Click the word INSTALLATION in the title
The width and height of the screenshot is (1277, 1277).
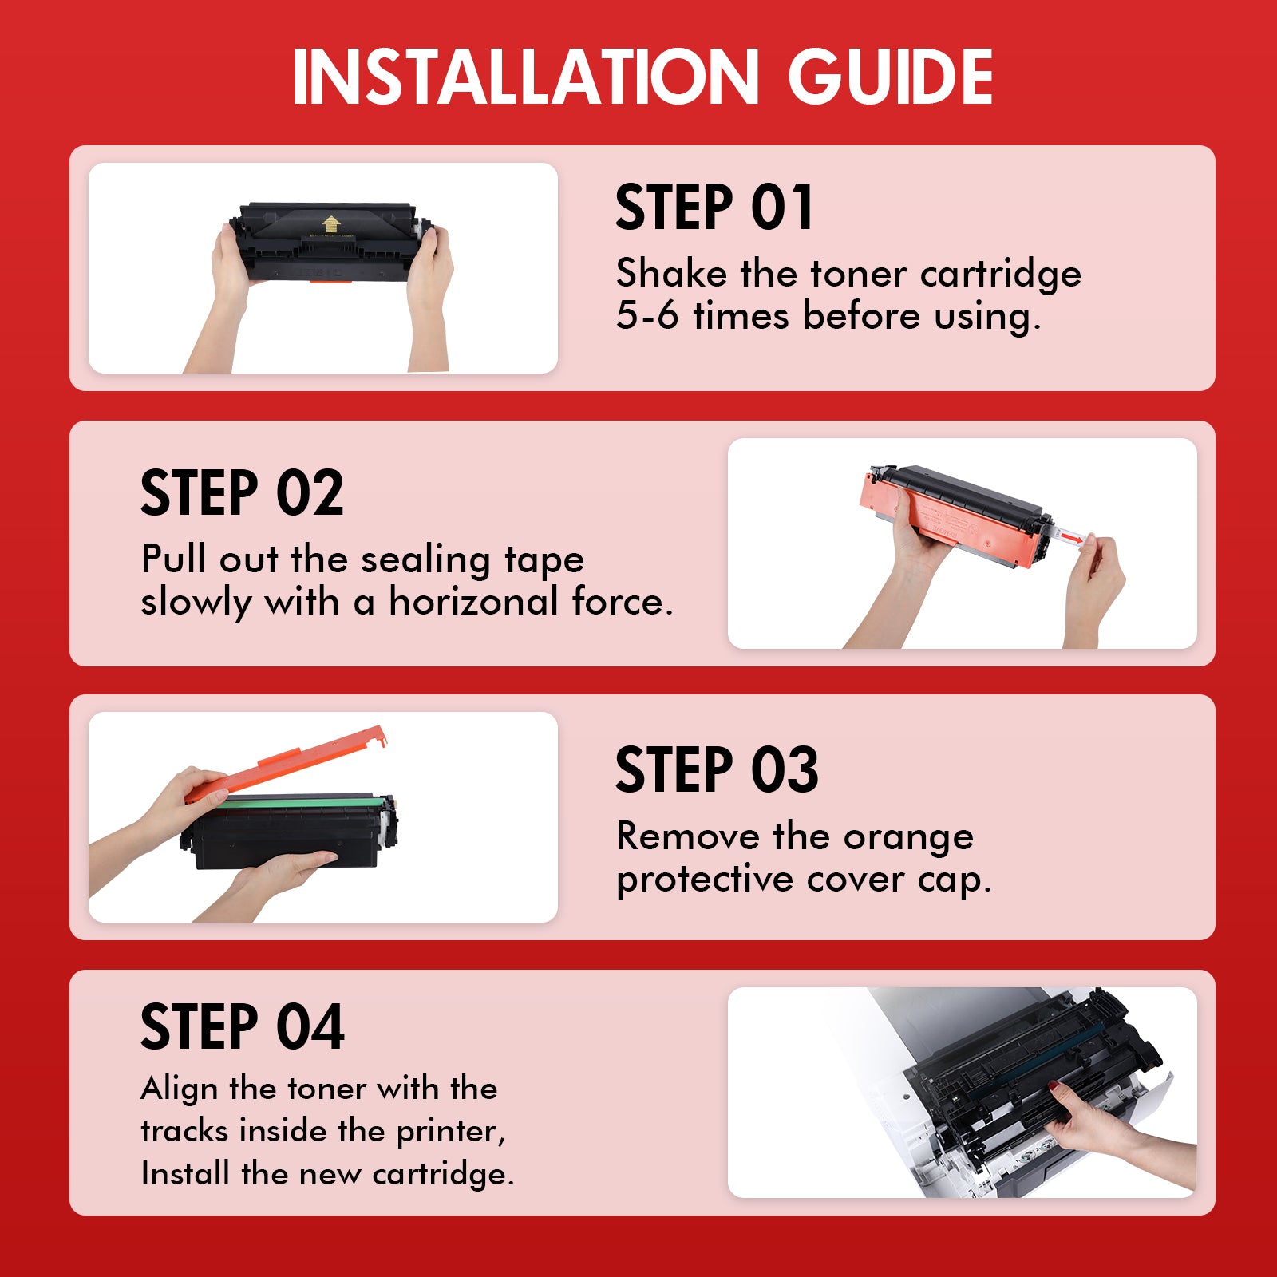pos(526,77)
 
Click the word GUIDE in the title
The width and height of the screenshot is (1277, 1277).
pos(891,77)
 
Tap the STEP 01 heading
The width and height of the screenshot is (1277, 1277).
pos(714,208)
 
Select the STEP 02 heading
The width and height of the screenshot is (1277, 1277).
pos(242,493)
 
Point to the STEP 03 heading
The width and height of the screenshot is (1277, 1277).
pos(717,770)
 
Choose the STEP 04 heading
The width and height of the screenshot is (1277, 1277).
pos(243,1027)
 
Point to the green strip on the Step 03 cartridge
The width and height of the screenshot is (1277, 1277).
pos(295,801)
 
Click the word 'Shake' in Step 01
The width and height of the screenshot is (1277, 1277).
pos(671,274)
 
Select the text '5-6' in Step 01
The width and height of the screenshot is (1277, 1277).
pos(647,316)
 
